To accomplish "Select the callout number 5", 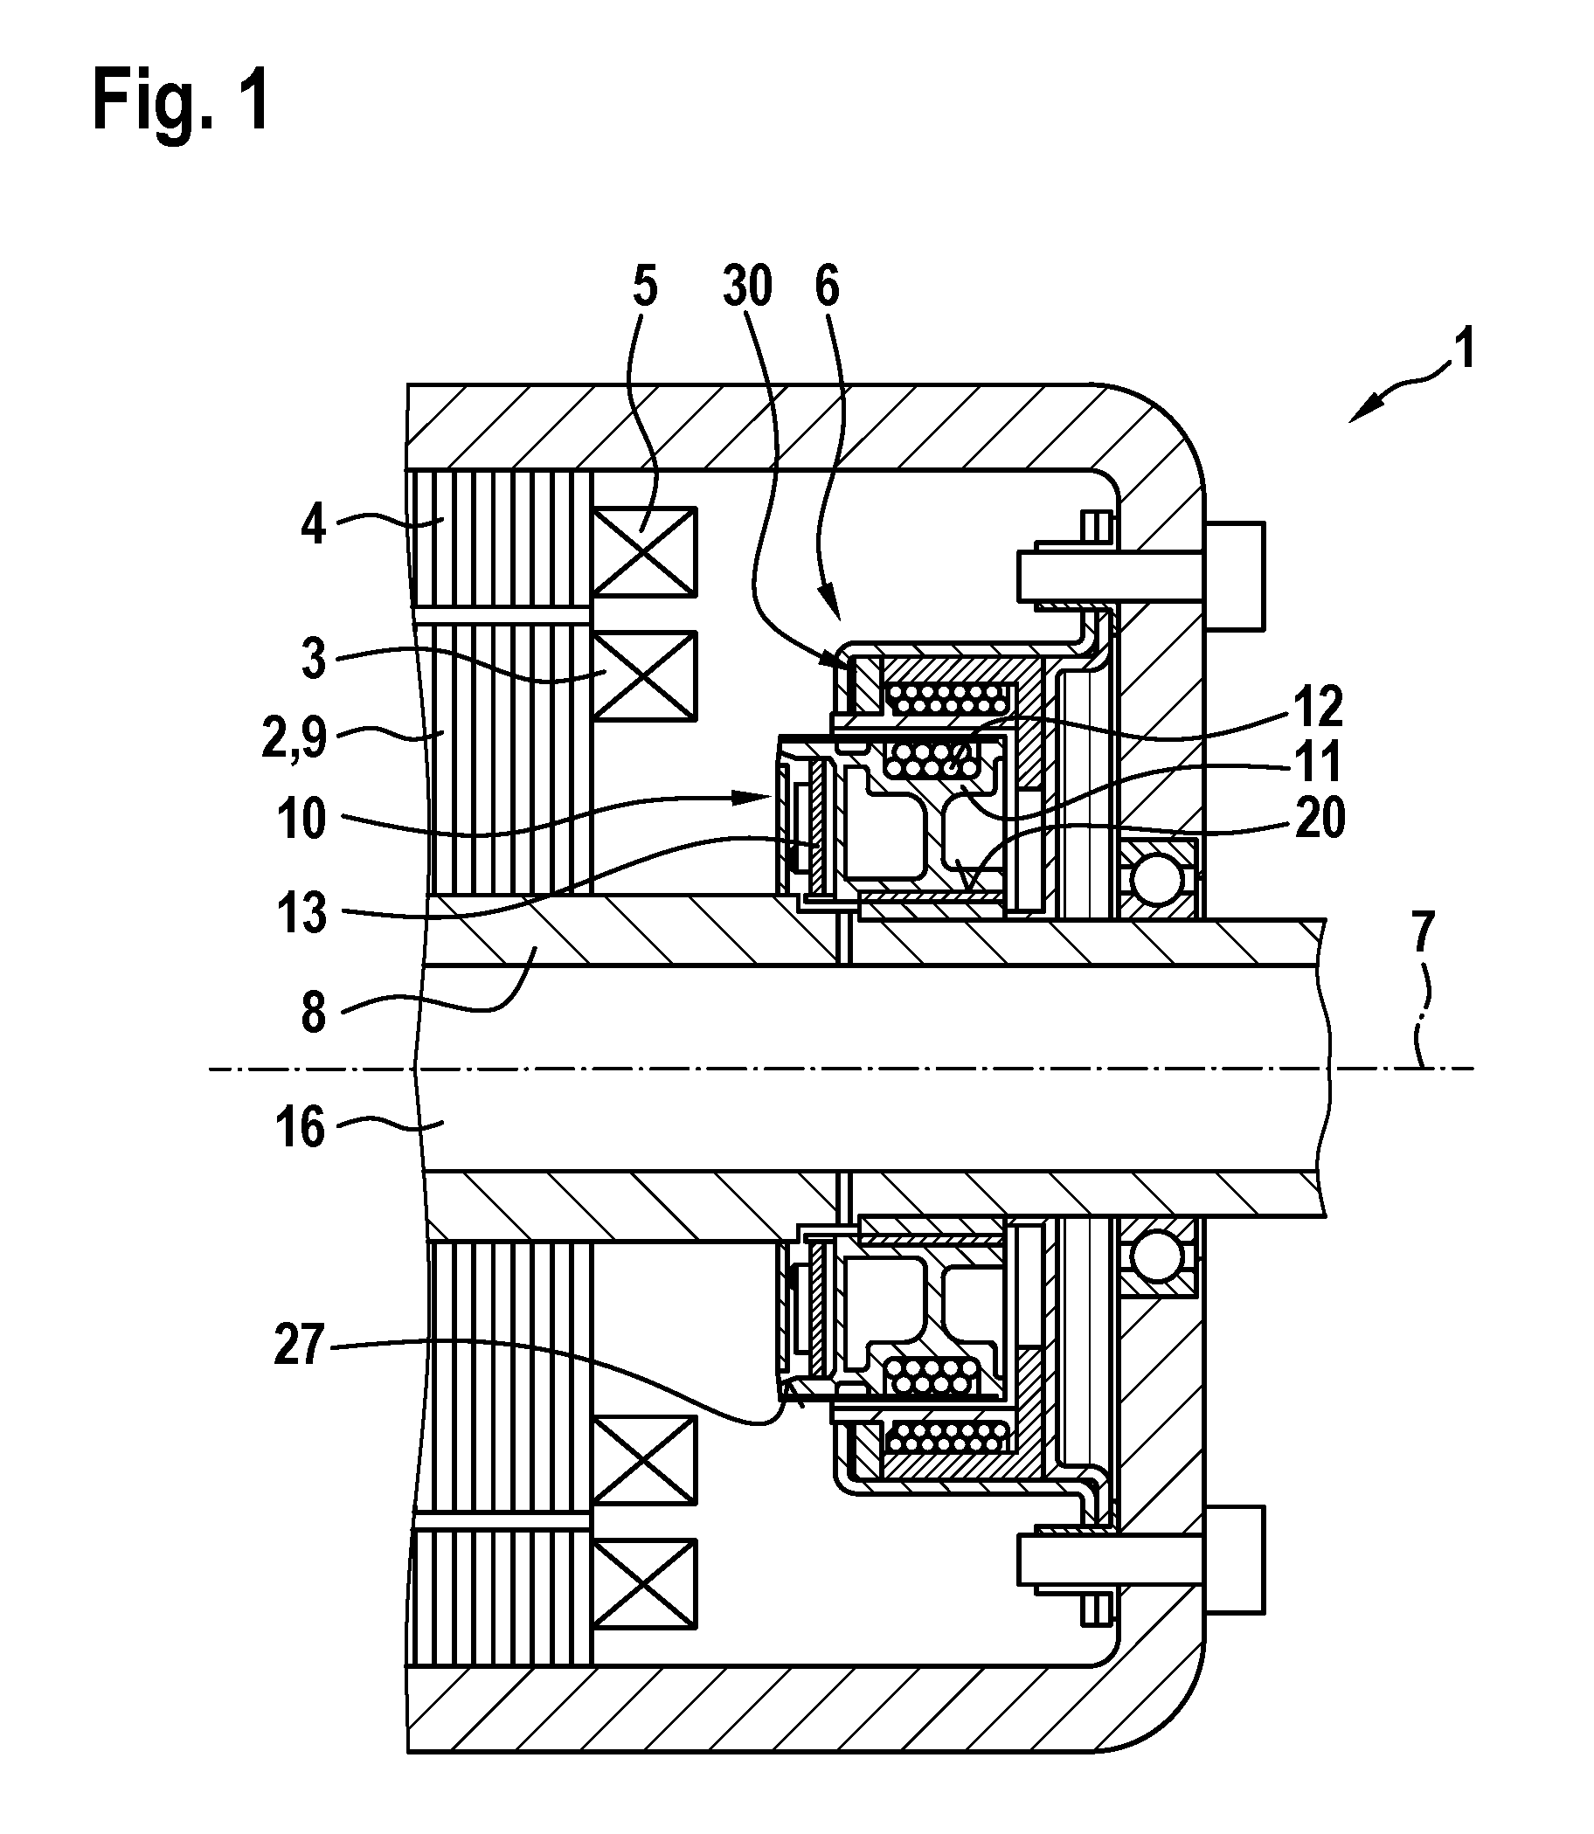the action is tap(645, 287).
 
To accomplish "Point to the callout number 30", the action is tap(747, 287).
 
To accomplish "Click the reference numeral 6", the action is tap(828, 287).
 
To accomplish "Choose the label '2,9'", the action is tap(295, 738).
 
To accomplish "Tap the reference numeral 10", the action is tap(301, 819).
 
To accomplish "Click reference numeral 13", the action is tap(302, 913).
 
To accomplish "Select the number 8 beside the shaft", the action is tap(314, 1013).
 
